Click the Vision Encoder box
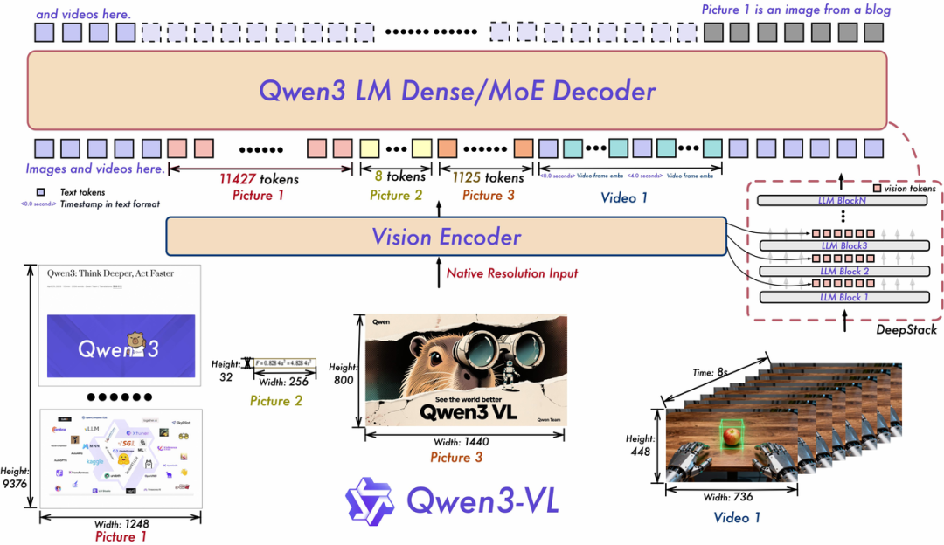point(446,236)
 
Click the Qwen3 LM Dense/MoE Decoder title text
point(457,92)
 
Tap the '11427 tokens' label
point(259,179)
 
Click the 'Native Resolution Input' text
point(512,273)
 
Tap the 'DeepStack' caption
point(906,330)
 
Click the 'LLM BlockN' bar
point(843,201)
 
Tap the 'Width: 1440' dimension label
point(465,442)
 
